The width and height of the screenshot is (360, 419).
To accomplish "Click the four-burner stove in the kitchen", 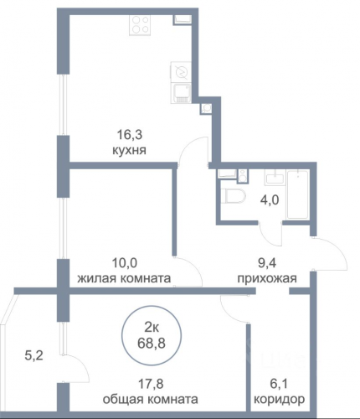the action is [140, 25].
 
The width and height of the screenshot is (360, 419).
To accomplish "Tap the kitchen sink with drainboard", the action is [181, 93].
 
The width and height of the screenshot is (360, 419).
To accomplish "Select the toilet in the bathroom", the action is [234, 196].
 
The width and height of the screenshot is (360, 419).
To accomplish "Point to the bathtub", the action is [297, 194].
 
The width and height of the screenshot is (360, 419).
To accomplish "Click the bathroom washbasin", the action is [275, 177].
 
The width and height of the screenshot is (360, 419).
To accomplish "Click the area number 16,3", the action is [130, 135].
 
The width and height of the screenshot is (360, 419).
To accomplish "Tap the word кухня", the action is [129, 151].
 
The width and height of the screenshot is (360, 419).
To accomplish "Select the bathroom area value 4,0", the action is [270, 200].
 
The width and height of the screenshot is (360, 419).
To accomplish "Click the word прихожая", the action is [267, 278].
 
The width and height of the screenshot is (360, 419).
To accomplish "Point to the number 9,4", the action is [267, 263].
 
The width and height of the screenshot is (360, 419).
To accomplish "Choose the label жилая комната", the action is [124, 278].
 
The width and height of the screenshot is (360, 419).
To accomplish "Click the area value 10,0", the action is [125, 263].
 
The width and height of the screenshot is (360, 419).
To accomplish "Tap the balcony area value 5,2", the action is [34, 356].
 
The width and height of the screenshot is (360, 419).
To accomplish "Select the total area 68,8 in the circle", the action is [152, 344].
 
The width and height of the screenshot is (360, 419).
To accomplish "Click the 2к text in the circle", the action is [152, 328].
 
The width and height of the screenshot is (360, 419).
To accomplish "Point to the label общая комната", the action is [151, 400].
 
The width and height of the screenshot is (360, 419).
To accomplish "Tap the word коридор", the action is [279, 400].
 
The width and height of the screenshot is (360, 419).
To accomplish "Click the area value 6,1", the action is [279, 384].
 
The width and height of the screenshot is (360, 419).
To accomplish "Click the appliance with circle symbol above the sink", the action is [181, 72].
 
